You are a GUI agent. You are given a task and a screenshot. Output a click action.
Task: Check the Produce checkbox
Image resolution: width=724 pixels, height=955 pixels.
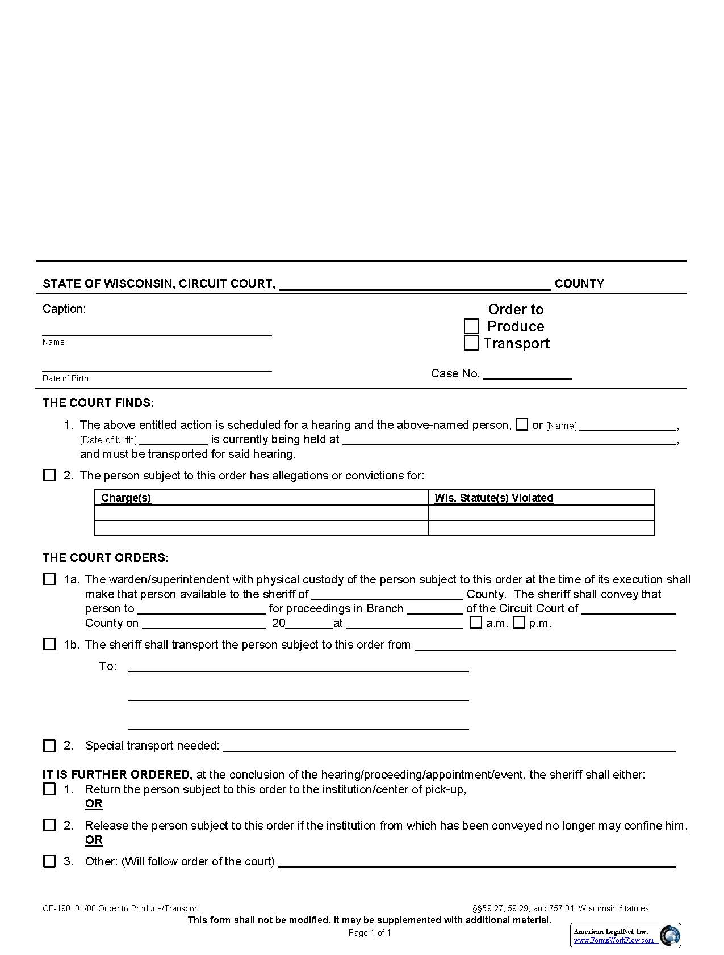click(x=471, y=326)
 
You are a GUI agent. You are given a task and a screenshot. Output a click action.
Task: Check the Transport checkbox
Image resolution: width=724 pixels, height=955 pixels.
click(x=471, y=343)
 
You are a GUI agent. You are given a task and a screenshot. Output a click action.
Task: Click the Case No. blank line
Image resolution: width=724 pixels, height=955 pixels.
click(x=526, y=375)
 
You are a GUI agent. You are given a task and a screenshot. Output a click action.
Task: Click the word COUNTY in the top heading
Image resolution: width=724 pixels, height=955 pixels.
click(x=579, y=284)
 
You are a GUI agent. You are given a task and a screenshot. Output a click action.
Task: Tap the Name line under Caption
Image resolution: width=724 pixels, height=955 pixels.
click(x=157, y=331)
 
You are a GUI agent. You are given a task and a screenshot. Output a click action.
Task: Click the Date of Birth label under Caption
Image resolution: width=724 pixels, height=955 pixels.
click(x=65, y=378)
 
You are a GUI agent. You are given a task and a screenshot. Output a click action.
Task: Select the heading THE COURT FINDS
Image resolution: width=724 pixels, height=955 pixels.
click(x=98, y=403)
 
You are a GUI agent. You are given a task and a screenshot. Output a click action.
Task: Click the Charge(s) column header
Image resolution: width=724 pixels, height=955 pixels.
click(x=126, y=498)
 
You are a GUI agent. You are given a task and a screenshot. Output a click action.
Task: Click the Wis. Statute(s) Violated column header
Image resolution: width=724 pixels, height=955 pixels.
click(x=493, y=498)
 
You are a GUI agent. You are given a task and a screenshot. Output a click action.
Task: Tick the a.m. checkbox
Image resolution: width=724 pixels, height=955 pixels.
click(x=476, y=622)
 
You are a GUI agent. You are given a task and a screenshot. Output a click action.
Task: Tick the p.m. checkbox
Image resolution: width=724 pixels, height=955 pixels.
click(x=518, y=622)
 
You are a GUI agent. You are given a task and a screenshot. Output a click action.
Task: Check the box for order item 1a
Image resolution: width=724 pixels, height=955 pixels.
click(x=49, y=579)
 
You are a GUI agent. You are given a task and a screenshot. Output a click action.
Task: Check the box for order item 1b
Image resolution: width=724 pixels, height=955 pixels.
click(x=49, y=644)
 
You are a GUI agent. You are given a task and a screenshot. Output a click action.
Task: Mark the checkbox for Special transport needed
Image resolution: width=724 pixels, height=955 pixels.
click(x=49, y=746)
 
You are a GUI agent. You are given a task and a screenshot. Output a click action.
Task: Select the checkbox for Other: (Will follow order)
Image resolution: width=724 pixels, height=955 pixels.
click(x=49, y=861)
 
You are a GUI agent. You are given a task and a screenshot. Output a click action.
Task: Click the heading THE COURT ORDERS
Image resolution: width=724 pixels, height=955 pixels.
click(x=106, y=558)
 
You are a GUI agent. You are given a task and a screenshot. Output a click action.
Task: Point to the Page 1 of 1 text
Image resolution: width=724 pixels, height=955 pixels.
click(x=369, y=933)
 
